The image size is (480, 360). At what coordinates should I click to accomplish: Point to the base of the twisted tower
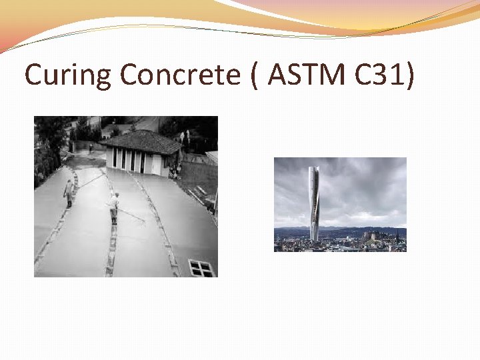pyautogui.click(x=313, y=237)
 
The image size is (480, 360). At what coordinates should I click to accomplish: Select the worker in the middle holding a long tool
pyautogui.click(x=115, y=207)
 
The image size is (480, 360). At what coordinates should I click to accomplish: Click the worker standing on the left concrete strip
pyautogui.click(x=68, y=193)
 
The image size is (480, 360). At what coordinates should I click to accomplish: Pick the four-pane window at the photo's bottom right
pyautogui.click(x=201, y=268)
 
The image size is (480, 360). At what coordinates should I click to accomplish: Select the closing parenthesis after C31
pyautogui.click(x=408, y=76)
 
